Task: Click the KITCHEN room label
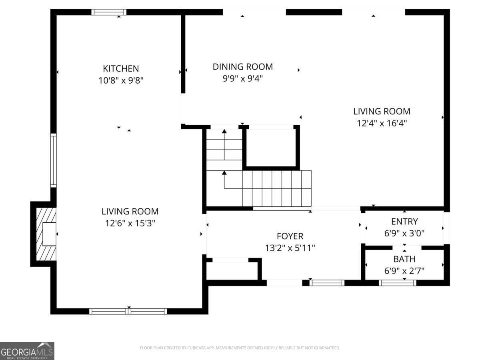(x=121, y=68)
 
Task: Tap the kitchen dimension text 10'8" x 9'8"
(x=121, y=80)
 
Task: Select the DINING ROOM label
(x=242, y=67)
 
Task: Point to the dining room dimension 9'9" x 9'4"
(x=242, y=78)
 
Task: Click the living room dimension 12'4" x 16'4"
(x=382, y=123)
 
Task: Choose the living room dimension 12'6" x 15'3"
(x=130, y=223)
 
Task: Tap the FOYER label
(x=290, y=236)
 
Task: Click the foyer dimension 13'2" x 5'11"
(x=290, y=248)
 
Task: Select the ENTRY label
(x=404, y=222)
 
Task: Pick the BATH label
(x=404, y=259)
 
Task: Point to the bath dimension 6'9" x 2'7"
(x=404, y=271)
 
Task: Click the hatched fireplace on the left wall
(x=45, y=234)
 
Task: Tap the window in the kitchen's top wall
(x=109, y=12)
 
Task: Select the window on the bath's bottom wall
(x=398, y=283)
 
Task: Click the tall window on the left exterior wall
(x=53, y=160)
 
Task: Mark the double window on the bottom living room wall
(x=128, y=311)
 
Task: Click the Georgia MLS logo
(x=27, y=351)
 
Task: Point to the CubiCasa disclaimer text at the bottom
(x=240, y=348)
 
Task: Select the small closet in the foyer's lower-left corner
(x=232, y=271)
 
